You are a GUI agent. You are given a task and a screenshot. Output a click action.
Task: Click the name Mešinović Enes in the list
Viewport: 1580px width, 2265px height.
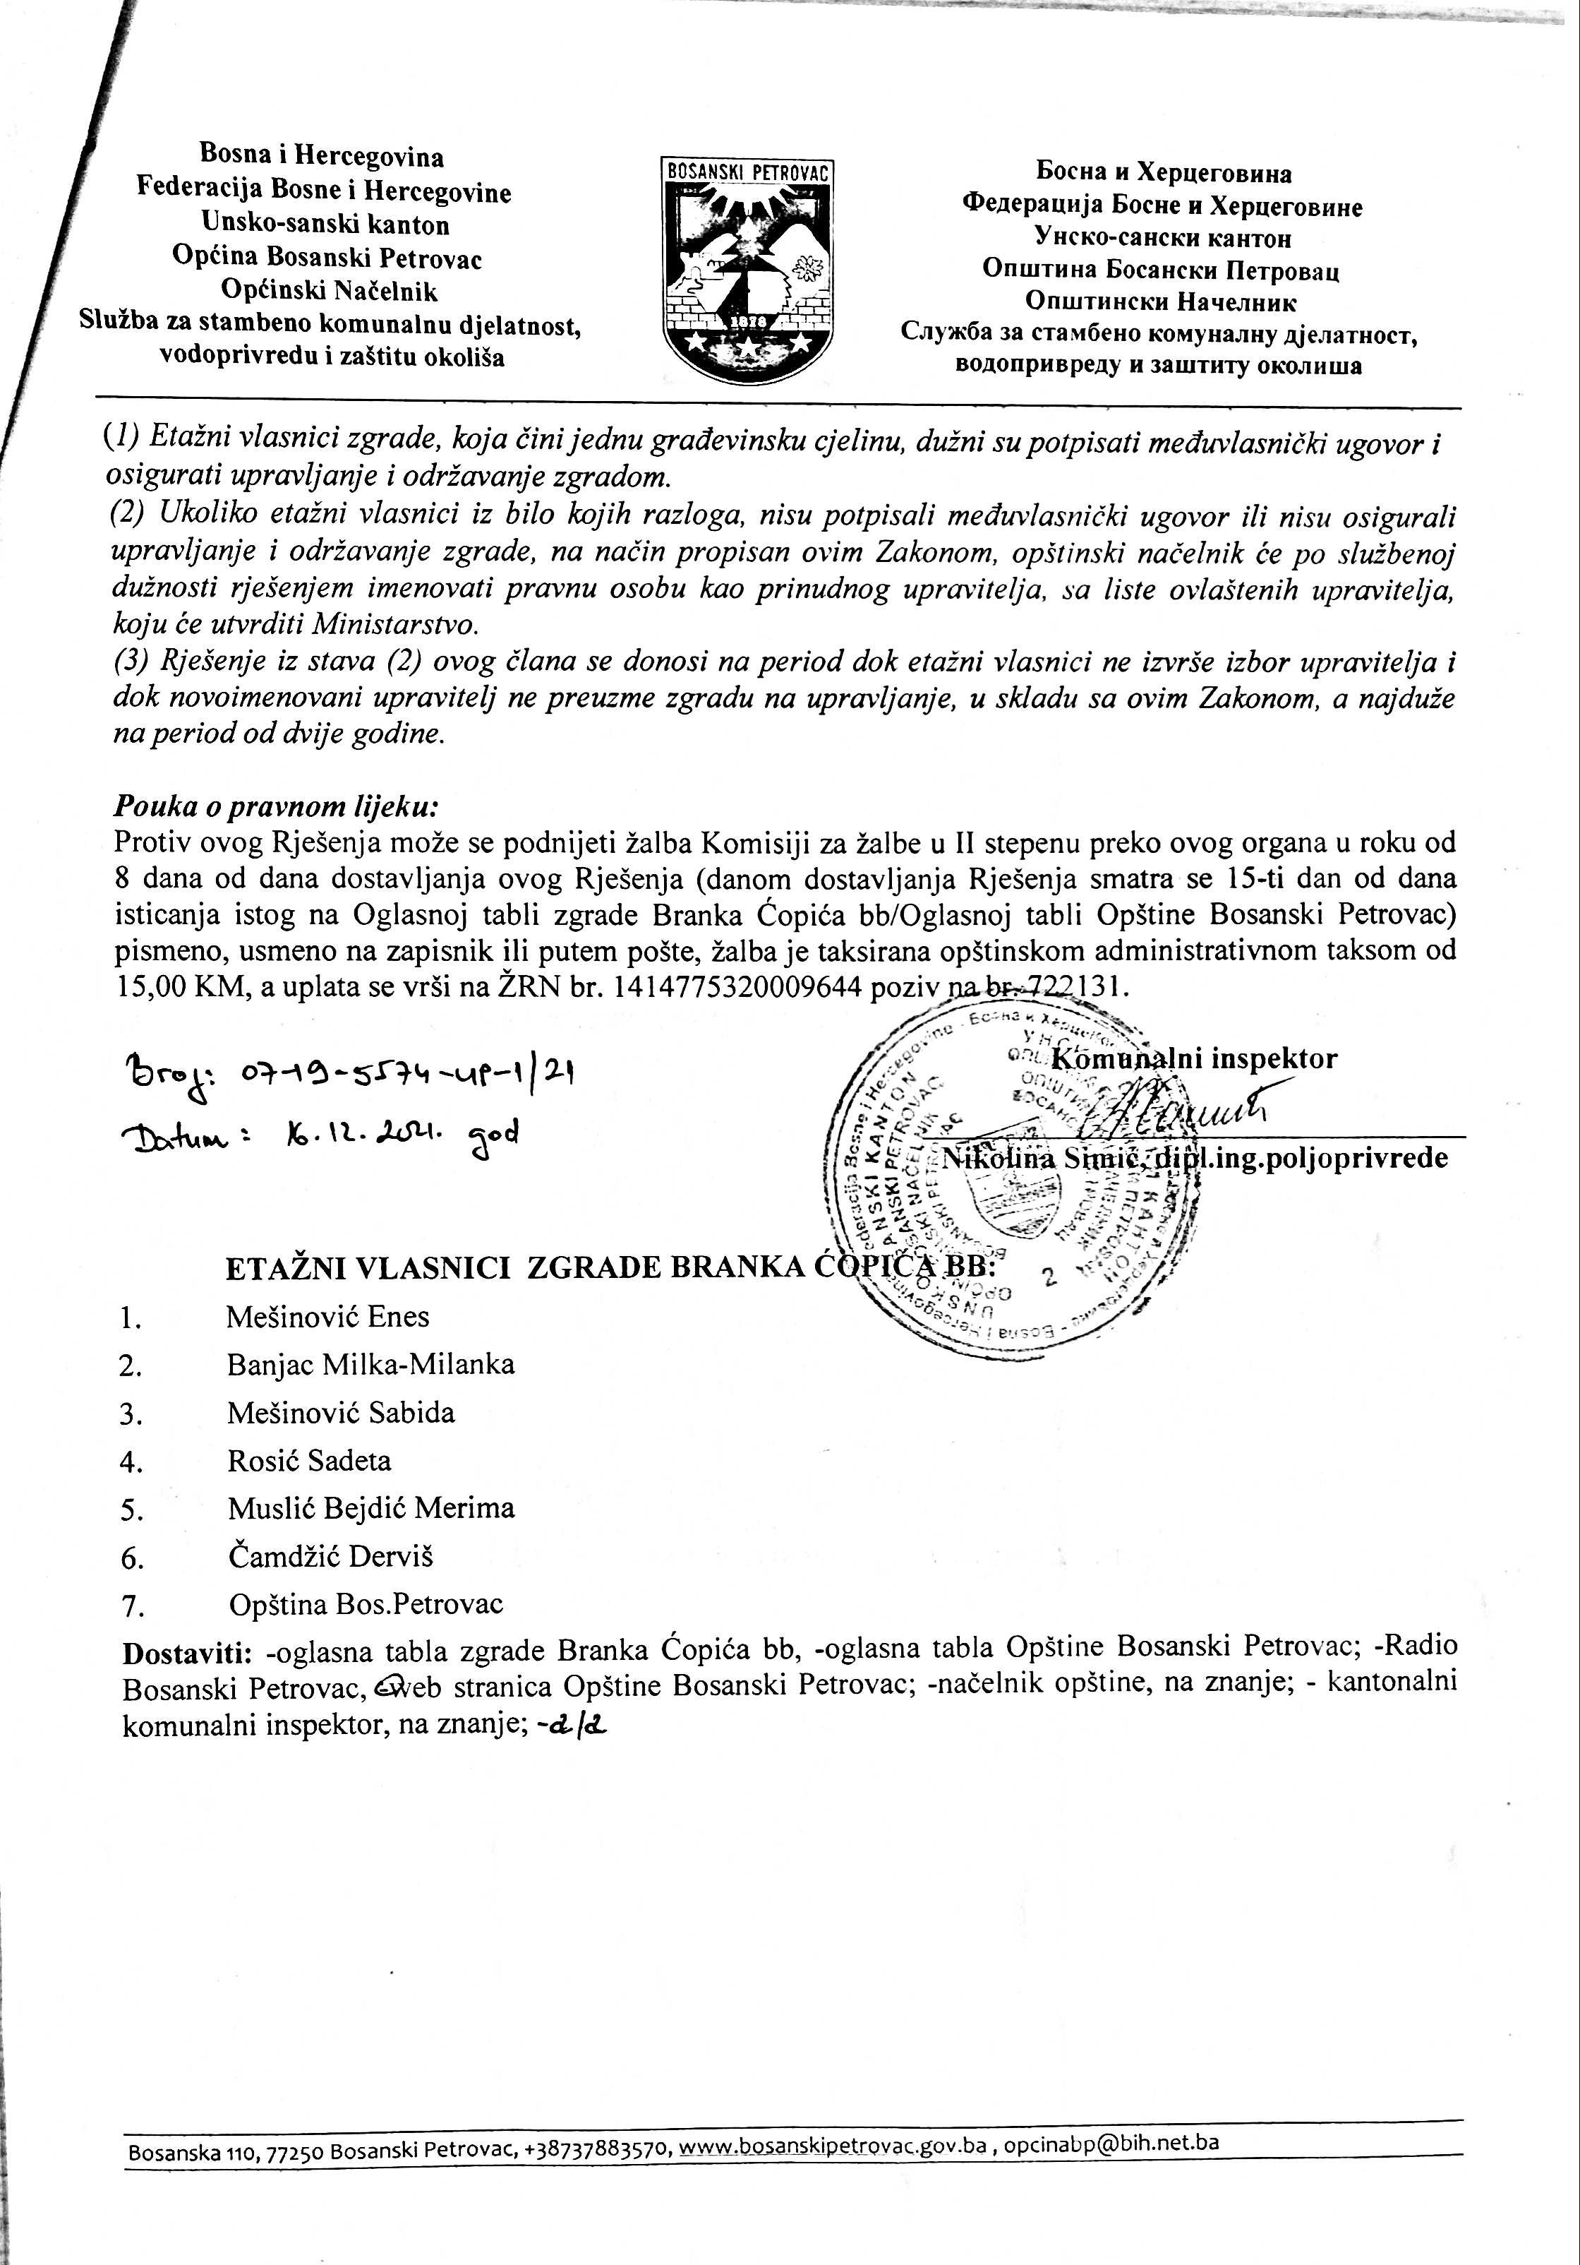point(327,1317)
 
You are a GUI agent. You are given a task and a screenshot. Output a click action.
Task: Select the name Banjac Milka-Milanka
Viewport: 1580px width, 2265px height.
point(370,1365)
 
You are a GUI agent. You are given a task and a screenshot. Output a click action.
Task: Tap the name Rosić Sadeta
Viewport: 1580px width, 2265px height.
point(308,1461)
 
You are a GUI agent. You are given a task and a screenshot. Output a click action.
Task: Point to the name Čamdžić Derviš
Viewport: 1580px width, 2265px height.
point(330,1557)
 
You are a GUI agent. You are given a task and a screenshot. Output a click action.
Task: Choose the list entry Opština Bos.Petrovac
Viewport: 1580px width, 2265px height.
point(365,1605)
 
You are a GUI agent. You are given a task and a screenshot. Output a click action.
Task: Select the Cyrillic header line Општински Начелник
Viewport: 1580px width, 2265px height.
point(1161,302)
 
